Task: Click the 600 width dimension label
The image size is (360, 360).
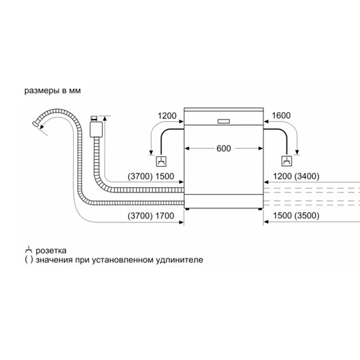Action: (x=224, y=148)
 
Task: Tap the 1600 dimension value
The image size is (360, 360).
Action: (x=281, y=115)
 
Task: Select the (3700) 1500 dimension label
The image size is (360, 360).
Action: (x=151, y=176)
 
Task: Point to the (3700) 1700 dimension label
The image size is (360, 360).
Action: (x=151, y=216)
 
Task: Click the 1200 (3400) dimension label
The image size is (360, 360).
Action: (x=296, y=176)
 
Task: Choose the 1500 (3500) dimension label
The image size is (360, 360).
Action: (x=296, y=216)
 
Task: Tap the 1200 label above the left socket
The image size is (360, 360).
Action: (x=167, y=116)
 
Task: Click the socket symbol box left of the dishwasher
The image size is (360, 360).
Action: (x=161, y=161)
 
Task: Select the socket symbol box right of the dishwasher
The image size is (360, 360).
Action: (x=287, y=161)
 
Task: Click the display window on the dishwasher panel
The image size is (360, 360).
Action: (x=224, y=122)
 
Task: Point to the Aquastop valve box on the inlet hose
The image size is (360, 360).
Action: (x=96, y=129)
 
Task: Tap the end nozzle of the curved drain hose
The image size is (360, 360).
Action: (x=36, y=124)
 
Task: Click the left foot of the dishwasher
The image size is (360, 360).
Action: (x=187, y=209)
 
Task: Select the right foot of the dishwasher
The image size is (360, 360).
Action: (x=260, y=209)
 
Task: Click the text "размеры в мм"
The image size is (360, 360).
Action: (x=53, y=90)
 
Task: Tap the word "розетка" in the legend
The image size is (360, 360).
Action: (x=51, y=251)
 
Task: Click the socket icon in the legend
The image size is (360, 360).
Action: (x=29, y=250)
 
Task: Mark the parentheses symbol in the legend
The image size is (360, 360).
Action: (x=29, y=260)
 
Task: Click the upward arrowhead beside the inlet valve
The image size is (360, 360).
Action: (x=105, y=118)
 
